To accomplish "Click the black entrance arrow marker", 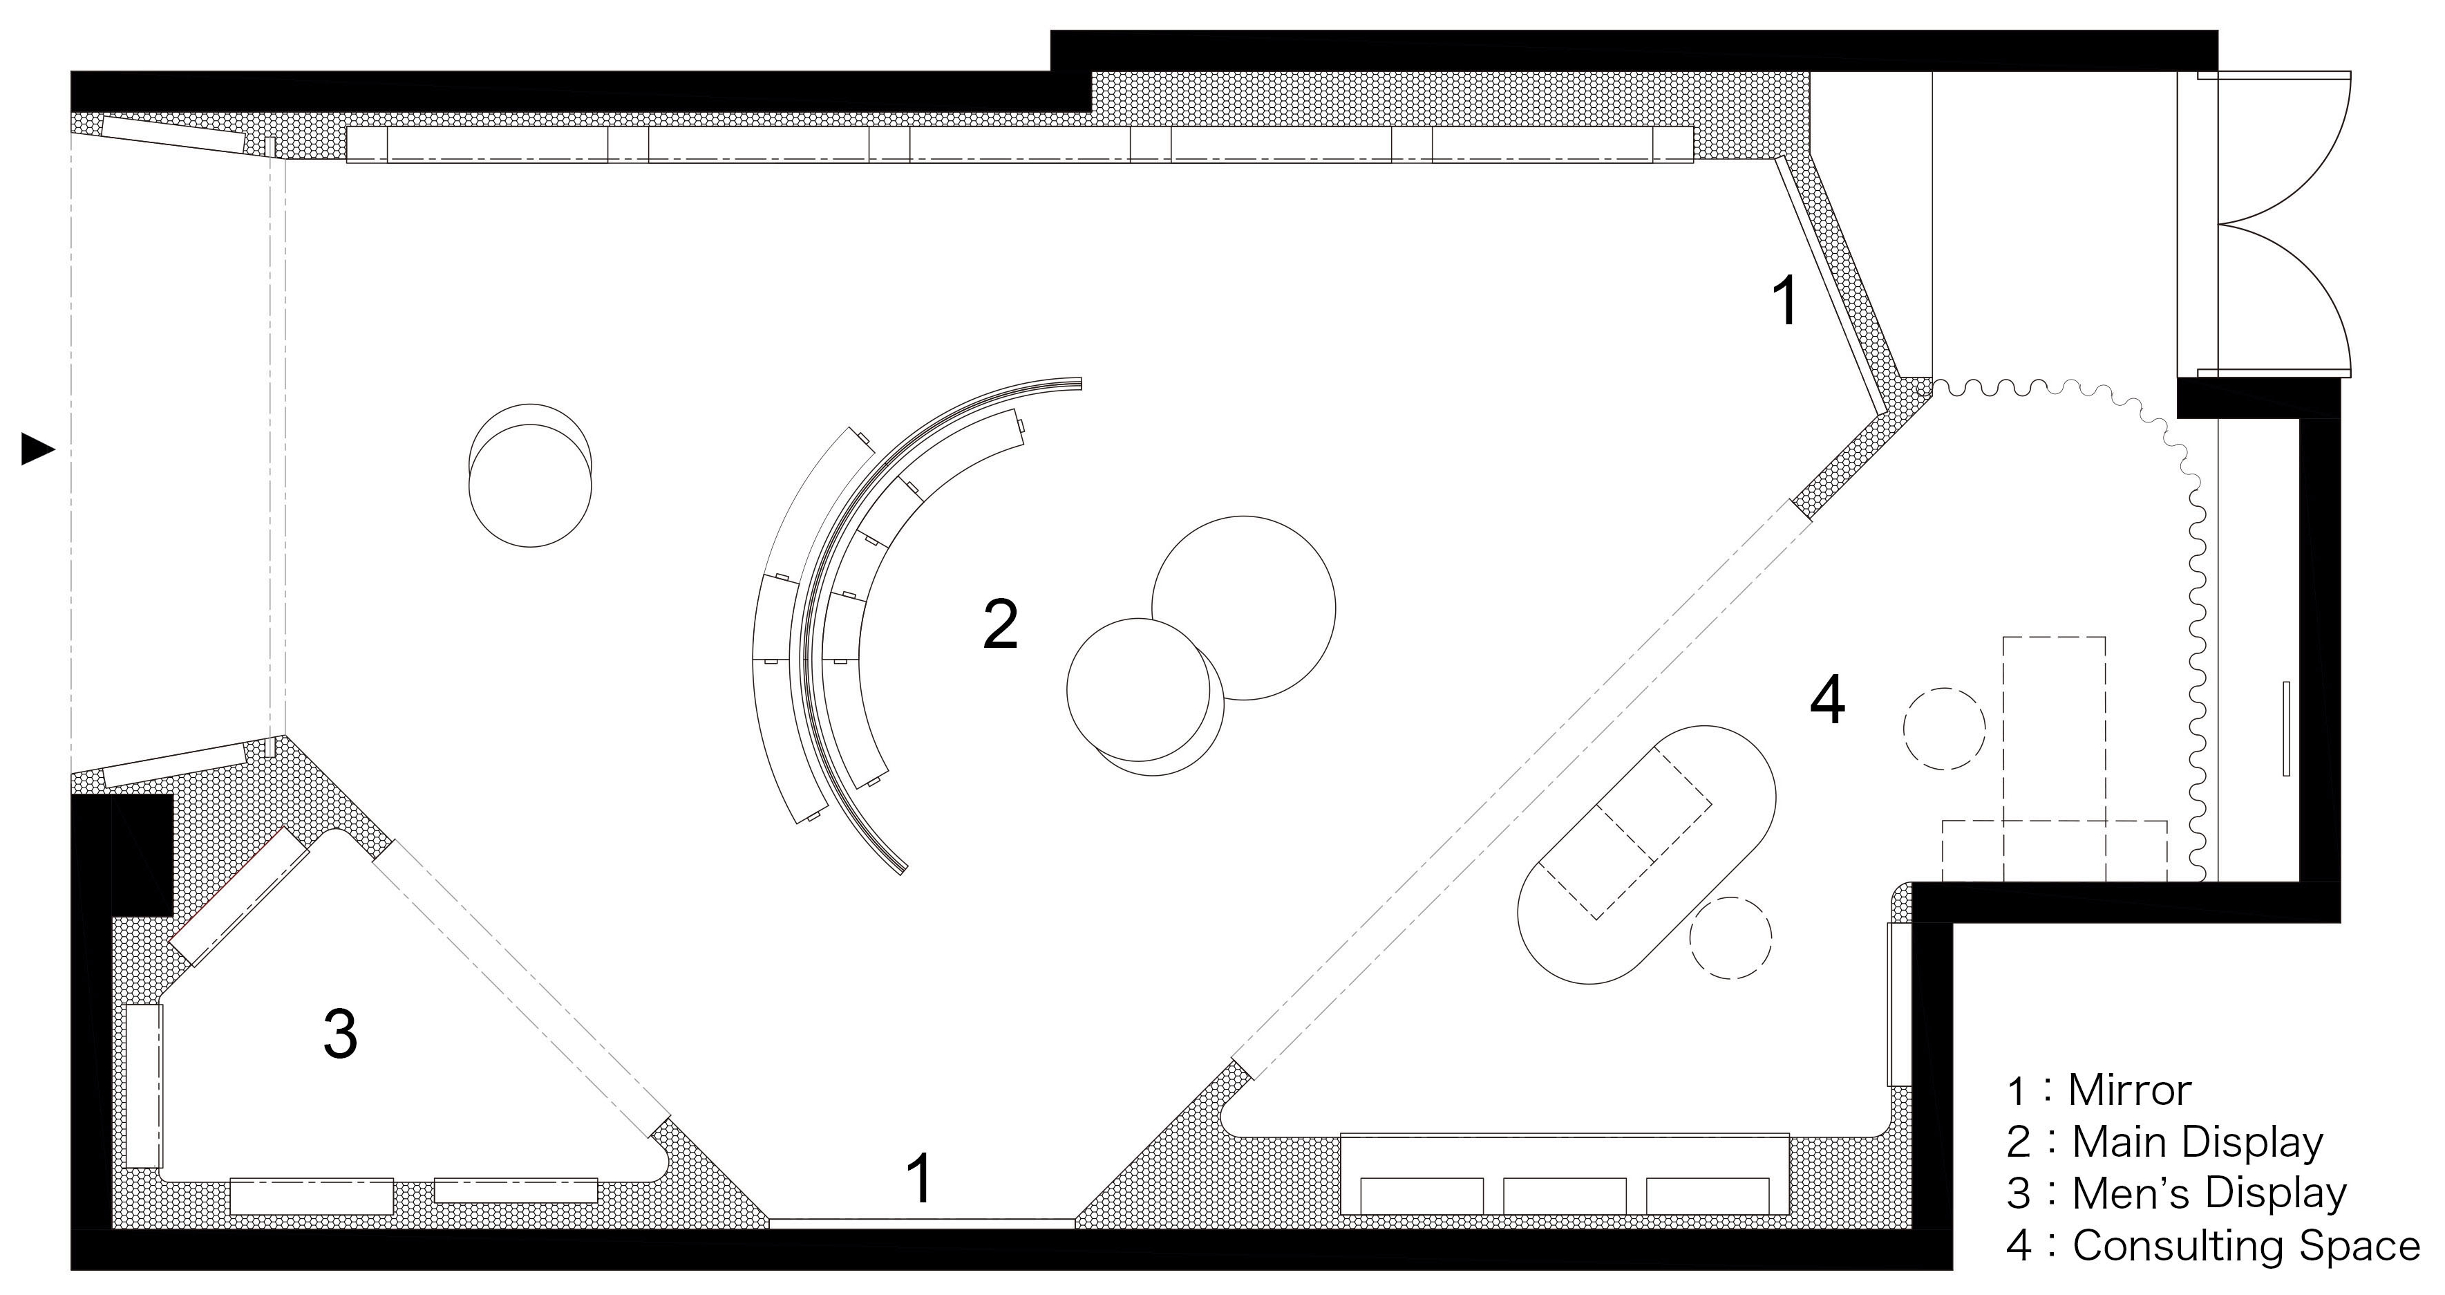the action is [x=38, y=449].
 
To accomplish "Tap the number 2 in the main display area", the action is [x=1001, y=624].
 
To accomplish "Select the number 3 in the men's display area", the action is [x=341, y=1033].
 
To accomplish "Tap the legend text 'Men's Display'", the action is [x=2209, y=1193].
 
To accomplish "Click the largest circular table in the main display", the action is [x=1243, y=608].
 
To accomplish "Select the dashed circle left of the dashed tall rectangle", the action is [x=1944, y=728].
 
